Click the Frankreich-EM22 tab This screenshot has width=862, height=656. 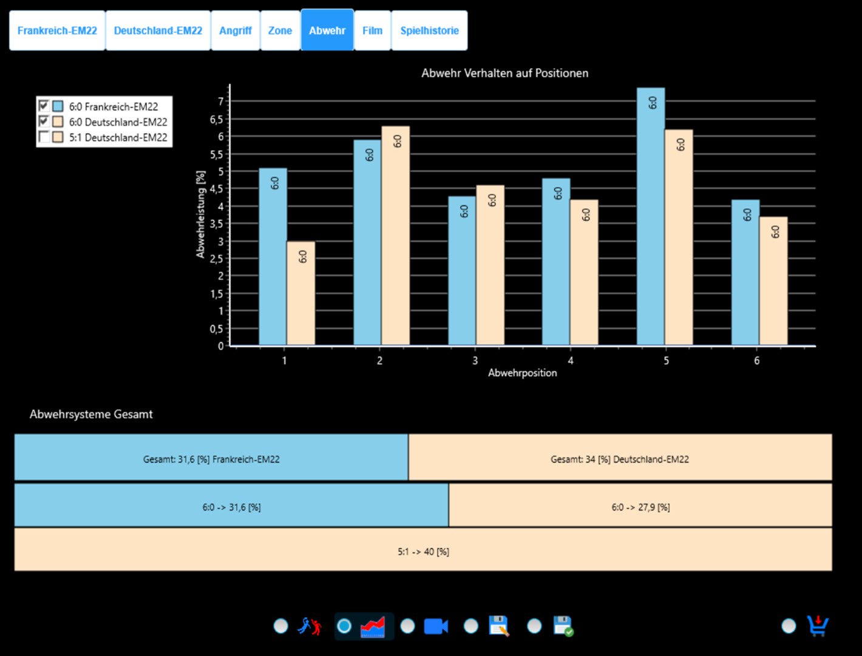pyautogui.click(x=57, y=30)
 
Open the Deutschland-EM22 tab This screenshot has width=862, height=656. pyautogui.click(x=158, y=30)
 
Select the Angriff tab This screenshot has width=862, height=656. pyautogui.click(x=235, y=30)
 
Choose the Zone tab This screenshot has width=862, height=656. pyautogui.click(x=280, y=30)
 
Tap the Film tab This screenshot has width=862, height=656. pyautogui.click(x=372, y=30)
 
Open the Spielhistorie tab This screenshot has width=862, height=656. pyautogui.click(x=429, y=30)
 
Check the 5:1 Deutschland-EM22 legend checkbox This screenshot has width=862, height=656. pyautogui.click(x=44, y=137)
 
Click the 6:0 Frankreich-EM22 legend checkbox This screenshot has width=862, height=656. pyautogui.click(x=44, y=106)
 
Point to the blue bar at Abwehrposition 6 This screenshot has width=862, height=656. pyautogui.click(x=745, y=273)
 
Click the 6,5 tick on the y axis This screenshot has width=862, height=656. pyautogui.click(x=216, y=120)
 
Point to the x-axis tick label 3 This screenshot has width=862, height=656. pyautogui.click(x=475, y=361)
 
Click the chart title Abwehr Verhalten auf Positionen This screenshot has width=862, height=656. pyautogui.click(x=504, y=73)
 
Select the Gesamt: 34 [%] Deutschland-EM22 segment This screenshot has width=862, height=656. pyautogui.click(x=620, y=459)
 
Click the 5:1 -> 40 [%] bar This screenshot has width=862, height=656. pyautogui.click(x=423, y=552)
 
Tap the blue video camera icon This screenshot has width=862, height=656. pyautogui.click(x=436, y=626)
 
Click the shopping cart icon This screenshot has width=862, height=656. pyautogui.click(x=818, y=626)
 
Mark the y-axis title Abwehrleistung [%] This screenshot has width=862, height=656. pyautogui.click(x=200, y=214)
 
